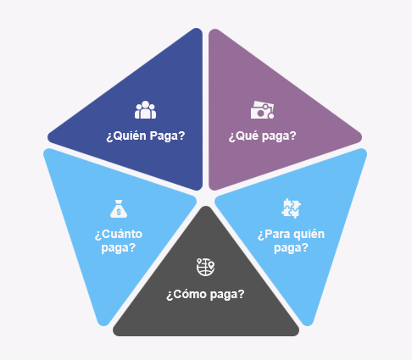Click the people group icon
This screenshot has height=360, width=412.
(145, 110)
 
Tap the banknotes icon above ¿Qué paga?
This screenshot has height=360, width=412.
(262, 110)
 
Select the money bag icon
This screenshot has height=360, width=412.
(119, 208)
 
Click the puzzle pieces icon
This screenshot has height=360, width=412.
(291, 208)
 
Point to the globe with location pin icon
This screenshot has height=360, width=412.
(205, 267)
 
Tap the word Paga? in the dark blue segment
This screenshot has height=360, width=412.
(167, 136)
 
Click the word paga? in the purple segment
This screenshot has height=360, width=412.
(279, 136)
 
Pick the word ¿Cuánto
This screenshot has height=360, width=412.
(119, 234)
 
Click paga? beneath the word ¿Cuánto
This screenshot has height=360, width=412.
(119, 248)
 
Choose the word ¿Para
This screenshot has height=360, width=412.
(274, 235)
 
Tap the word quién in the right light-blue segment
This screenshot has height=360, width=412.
(309, 235)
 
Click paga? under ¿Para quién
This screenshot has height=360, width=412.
(291, 248)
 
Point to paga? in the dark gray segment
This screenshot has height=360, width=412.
(227, 295)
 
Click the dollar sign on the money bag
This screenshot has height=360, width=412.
(119, 212)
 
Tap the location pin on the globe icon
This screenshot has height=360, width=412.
(211, 265)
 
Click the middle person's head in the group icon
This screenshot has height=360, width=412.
(145, 104)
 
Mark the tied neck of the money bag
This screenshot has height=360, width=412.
(119, 202)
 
